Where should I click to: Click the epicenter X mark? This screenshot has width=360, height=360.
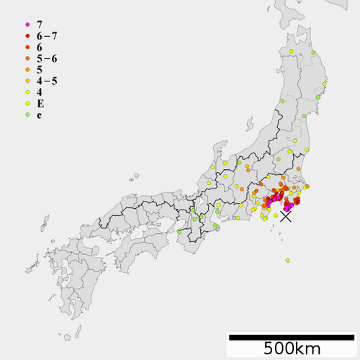286,216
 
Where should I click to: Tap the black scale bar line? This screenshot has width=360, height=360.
292,336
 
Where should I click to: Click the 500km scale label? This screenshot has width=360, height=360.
292,348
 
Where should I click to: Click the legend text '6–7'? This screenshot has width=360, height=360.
47,35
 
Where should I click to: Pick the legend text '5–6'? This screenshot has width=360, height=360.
47,58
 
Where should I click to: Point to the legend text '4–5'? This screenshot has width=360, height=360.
47,81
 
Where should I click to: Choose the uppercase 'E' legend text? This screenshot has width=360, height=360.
40,103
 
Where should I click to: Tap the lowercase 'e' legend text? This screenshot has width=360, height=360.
39,114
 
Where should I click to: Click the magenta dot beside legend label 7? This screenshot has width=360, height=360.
27,24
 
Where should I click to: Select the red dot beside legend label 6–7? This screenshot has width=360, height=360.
27,36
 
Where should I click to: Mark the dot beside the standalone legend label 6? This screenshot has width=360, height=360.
27,47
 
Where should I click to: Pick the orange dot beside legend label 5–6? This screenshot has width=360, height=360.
27,58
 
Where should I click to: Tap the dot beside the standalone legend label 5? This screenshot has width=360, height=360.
27,70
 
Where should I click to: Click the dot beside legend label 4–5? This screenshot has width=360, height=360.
27,81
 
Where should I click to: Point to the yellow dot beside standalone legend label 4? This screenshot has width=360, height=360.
27,92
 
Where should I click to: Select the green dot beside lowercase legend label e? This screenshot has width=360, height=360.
27,114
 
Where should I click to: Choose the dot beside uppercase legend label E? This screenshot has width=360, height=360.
27,104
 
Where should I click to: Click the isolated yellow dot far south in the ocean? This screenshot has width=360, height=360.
287,260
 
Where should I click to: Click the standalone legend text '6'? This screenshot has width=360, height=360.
39,47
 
